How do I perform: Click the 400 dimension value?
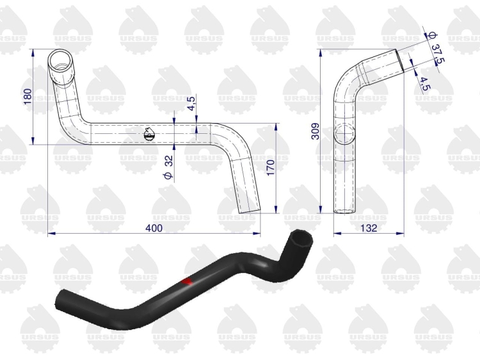point(154,228)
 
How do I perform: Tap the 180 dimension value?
point(28,96)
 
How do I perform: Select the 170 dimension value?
point(271,168)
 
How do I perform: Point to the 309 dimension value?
point(315,131)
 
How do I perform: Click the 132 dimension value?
point(369,228)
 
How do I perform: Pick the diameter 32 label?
point(169,167)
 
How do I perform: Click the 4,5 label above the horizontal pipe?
point(191,104)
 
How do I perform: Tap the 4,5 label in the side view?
point(424,84)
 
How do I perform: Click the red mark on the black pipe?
point(187,281)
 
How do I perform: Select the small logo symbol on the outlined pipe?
point(150,134)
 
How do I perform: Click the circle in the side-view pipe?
point(345,134)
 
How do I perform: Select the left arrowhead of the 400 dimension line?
point(52,233)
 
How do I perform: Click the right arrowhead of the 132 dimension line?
point(401,233)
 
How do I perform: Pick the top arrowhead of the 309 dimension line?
point(320,53)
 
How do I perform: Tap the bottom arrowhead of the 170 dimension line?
point(276,209)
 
